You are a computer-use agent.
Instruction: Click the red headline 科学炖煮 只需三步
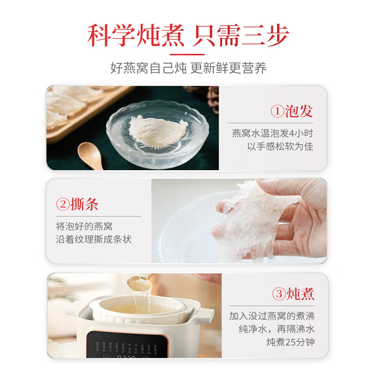click(188, 35)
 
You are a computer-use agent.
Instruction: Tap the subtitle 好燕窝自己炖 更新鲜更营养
click(188, 68)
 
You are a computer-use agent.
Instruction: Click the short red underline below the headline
click(187, 54)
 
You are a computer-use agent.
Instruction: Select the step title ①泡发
click(292, 111)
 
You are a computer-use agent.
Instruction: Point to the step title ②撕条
click(77, 204)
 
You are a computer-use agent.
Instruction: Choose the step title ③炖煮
click(293, 293)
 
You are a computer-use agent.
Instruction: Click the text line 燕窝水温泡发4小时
click(272, 133)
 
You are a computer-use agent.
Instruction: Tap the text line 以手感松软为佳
click(280, 146)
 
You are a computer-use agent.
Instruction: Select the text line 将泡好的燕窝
click(84, 226)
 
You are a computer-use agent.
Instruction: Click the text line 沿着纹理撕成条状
click(94, 239)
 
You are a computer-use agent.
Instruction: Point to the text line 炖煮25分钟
click(291, 342)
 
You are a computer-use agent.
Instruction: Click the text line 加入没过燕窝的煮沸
click(272, 316)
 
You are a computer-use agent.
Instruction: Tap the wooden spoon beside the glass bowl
click(90, 156)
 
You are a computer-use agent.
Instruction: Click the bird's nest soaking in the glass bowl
click(158, 131)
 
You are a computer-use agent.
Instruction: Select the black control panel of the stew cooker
click(127, 345)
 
